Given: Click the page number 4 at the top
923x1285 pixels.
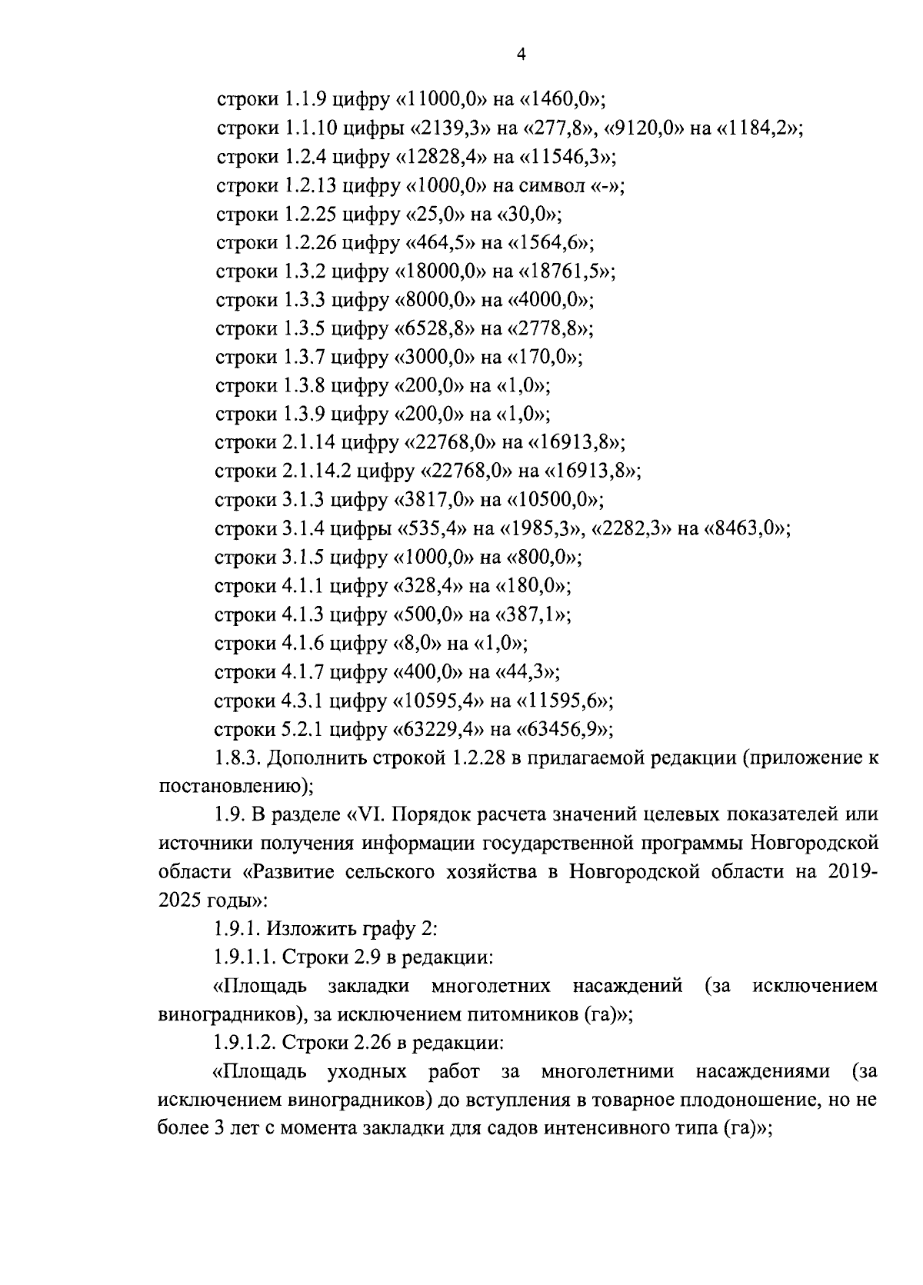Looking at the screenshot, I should (x=521, y=55).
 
